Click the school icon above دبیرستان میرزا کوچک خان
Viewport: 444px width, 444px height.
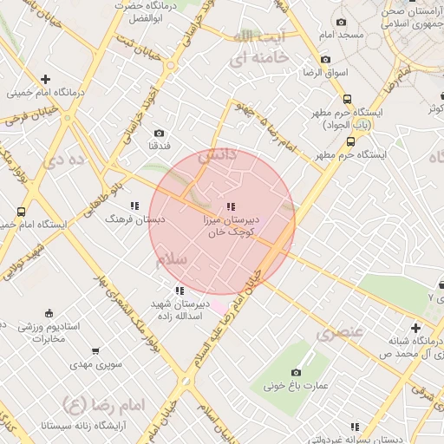pos(230,206)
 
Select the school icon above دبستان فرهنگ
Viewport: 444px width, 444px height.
pos(134,206)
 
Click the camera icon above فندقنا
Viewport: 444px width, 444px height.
pos(159,133)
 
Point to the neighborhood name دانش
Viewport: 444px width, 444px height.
pos(218,157)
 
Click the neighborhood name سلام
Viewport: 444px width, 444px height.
pos(172,259)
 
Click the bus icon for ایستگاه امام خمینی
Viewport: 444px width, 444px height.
pos(21,211)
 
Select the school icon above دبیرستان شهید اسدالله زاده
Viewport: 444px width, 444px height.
pos(179,291)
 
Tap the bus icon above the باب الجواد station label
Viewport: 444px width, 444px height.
pos(348,99)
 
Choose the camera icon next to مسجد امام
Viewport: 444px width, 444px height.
pos(340,22)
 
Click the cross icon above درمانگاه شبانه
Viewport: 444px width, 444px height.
pos(416,328)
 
